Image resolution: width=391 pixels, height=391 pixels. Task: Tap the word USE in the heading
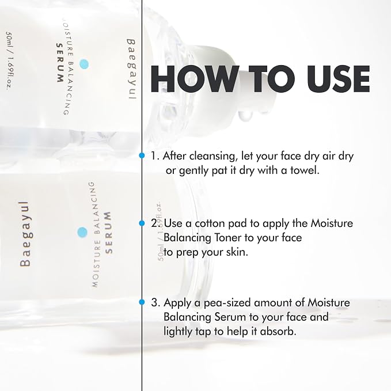pyautogui.click(x=339, y=79)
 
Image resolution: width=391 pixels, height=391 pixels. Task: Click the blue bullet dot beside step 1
pyautogui.click(x=142, y=155)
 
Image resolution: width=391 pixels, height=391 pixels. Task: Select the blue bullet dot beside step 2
pyautogui.click(x=142, y=223)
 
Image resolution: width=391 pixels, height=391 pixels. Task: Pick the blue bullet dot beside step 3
pyautogui.click(x=142, y=302)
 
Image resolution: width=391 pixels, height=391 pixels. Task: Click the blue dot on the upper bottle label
pyautogui.click(x=84, y=64)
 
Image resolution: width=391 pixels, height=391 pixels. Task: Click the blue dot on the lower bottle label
pyautogui.click(x=82, y=232)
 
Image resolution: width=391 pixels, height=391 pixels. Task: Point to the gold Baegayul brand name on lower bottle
pyautogui.click(x=25, y=234)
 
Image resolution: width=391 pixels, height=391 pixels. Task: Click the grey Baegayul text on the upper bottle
pyautogui.click(x=131, y=69)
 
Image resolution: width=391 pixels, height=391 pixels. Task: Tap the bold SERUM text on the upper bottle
pyautogui.click(x=60, y=63)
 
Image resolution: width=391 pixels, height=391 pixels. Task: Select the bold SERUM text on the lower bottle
pyautogui.click(x=108, y=233)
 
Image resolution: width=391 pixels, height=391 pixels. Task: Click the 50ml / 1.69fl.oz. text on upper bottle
pyautogui.click(x=9, y=60)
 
